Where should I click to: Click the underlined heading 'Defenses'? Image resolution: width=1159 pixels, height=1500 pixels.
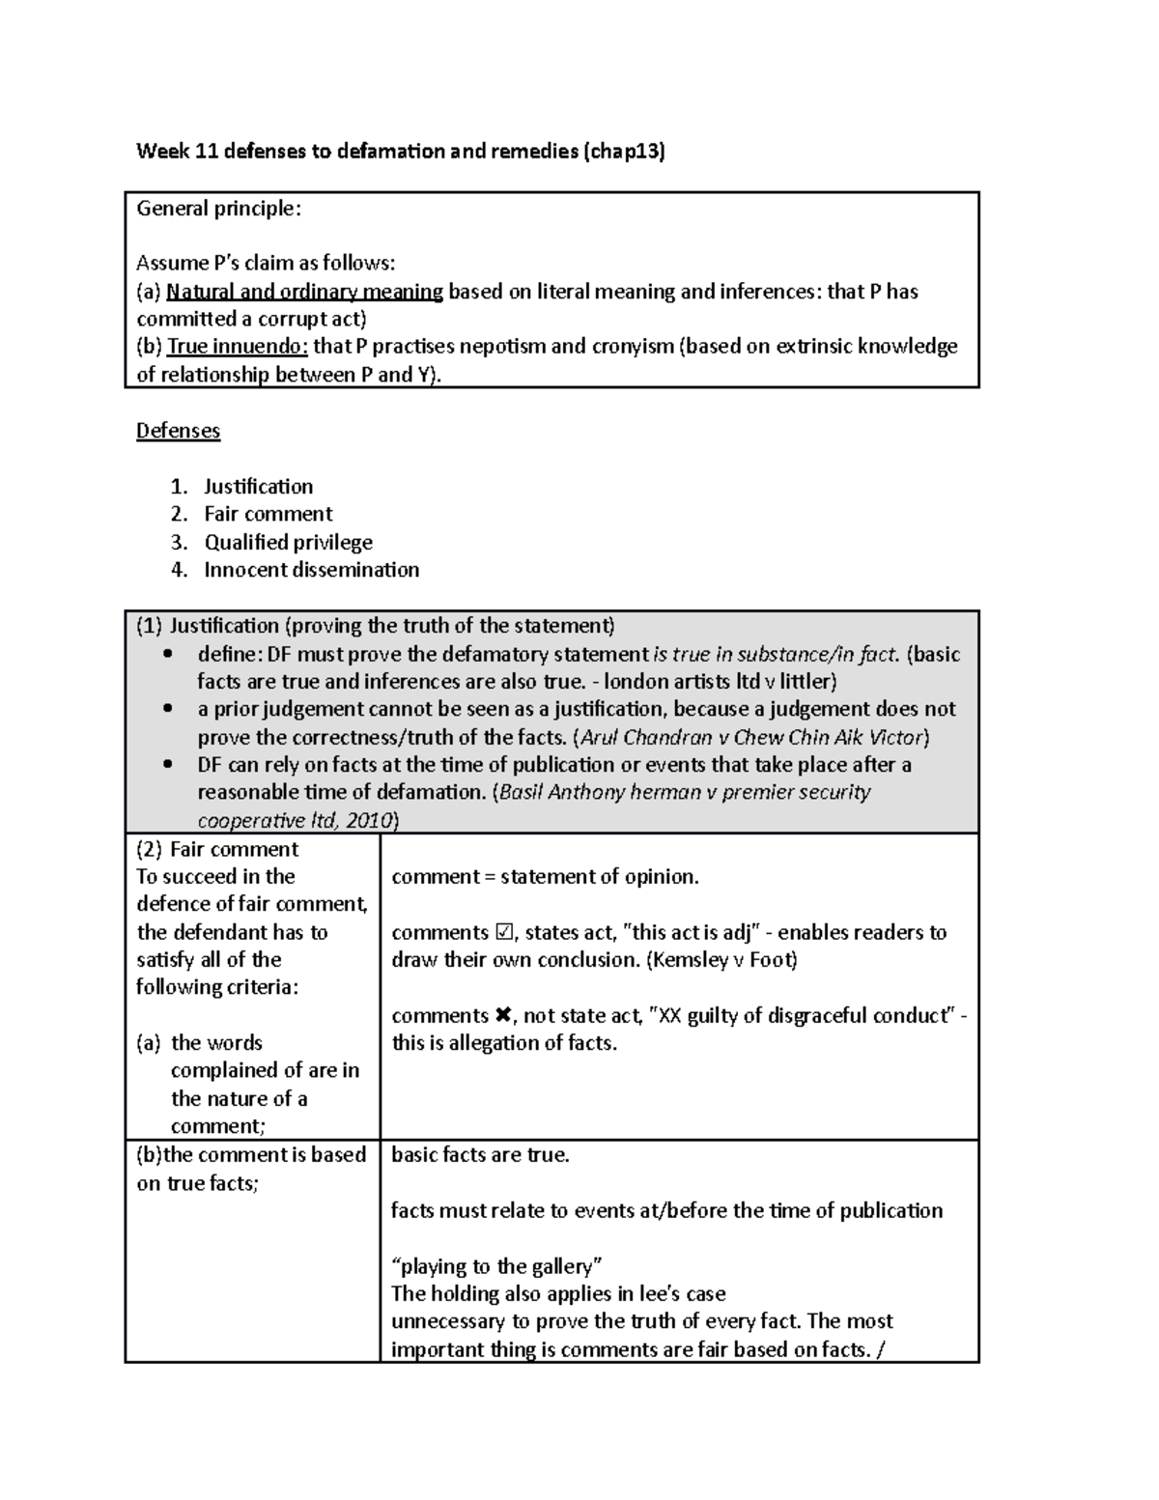point(178,431)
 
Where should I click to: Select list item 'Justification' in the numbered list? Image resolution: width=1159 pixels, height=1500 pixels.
point(258,487)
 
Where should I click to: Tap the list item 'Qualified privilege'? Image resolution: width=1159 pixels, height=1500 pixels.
point(288,543)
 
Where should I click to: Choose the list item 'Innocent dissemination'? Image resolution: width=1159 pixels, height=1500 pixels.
point(311,570)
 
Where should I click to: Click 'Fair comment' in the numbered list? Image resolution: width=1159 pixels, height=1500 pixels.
point(268,515)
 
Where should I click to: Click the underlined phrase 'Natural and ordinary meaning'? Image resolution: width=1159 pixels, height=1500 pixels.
point(304,292)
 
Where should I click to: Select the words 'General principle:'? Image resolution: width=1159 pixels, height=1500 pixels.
point(218,209)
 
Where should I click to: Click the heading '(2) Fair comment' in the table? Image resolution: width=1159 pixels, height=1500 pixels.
point(217,849)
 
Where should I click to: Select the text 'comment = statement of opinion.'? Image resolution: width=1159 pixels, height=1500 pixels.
point(545,877)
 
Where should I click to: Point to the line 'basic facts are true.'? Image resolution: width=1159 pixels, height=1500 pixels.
point(480,1155)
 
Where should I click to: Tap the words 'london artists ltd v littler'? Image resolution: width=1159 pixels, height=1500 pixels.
point(719,682)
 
